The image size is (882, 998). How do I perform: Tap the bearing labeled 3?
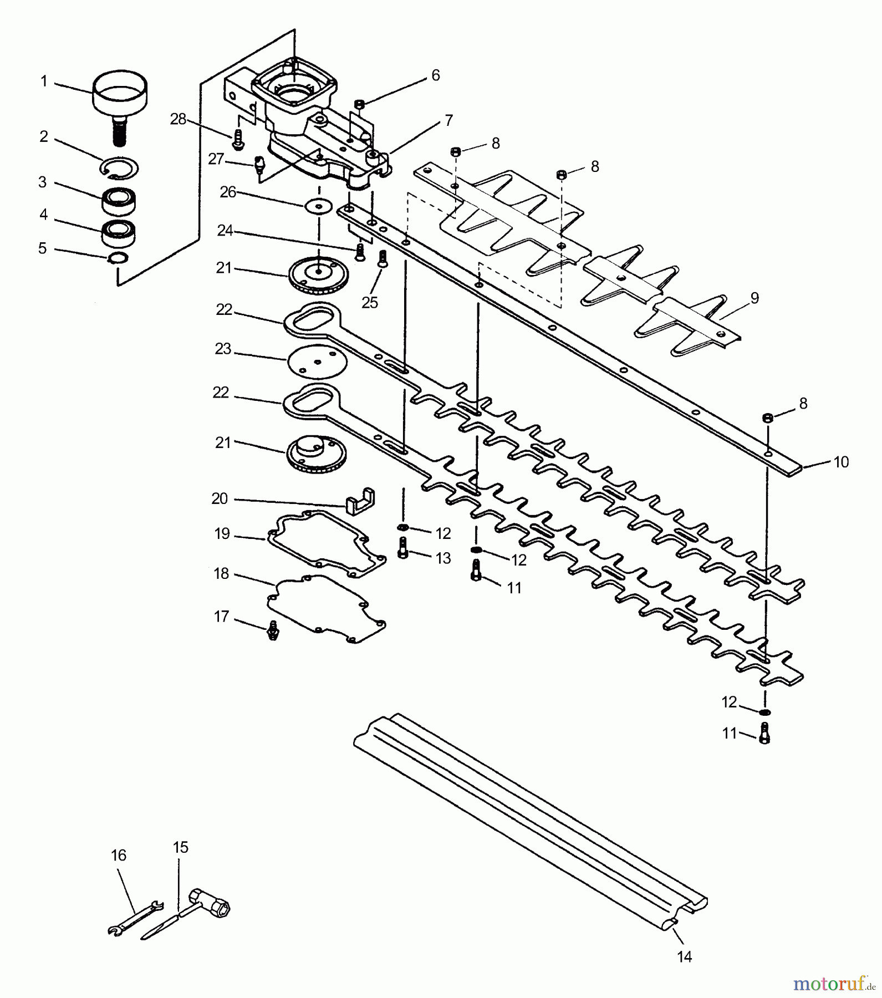click(x=120, y=201)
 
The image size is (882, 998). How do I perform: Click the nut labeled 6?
click(x=359, y=104)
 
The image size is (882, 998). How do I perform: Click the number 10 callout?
click(x=841, y=462)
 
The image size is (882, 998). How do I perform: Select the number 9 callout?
click(x=754, y=298)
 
